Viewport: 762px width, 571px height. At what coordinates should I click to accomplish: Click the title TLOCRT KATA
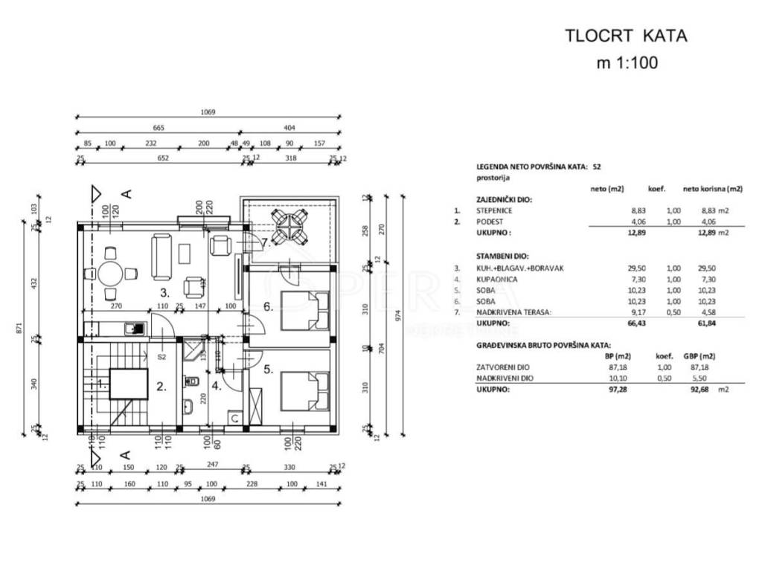pos(627,35)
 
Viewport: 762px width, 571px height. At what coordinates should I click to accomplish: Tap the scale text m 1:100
pos(627,63)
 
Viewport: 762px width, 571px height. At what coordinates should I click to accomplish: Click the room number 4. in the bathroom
pos(216,385)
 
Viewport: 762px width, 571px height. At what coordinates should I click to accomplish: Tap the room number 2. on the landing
pos(161,385)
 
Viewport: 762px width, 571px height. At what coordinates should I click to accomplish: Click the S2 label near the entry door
pos(161,357)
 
